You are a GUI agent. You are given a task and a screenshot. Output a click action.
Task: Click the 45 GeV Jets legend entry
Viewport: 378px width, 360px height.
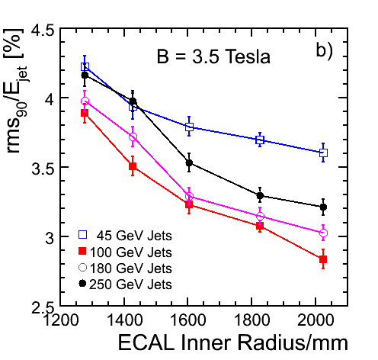pos(125,236)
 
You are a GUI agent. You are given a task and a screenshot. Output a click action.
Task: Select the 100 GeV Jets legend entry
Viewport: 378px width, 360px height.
pos(125,252)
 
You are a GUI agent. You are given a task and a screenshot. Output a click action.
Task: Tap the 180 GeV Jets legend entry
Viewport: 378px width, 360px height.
pos(125,268)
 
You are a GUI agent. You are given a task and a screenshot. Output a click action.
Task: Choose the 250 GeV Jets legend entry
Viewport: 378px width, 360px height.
pos(125,284)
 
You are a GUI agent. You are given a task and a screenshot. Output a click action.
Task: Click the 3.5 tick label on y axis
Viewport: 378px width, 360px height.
pos(43,167)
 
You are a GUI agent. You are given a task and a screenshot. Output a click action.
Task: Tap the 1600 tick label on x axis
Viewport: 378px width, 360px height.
pos(187,320)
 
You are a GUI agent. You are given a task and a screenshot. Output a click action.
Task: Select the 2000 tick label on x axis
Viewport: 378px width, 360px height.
pos(315,320)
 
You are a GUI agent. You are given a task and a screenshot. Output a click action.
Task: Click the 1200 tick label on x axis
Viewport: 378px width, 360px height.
pos(61,320)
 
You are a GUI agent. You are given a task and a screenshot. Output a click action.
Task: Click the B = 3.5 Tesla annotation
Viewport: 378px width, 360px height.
pos(213,56)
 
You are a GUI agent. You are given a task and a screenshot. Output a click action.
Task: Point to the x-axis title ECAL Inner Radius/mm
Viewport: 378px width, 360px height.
pos(232,342)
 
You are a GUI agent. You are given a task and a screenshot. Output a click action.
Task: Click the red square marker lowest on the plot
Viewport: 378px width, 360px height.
pos(323,259)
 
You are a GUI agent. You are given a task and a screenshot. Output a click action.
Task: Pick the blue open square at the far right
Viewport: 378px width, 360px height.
pos(323,153)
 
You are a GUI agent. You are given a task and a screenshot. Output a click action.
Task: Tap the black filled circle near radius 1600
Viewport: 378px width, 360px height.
pos(189,162)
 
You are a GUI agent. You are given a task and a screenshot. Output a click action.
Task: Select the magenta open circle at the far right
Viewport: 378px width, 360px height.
pos(323,233)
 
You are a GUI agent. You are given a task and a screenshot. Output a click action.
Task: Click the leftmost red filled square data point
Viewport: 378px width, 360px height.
pos(85,113)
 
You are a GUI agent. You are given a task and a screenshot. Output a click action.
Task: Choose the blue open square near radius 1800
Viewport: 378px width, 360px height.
pos(260,140)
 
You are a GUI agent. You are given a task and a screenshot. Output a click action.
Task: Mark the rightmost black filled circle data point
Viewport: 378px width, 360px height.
pos(323,207)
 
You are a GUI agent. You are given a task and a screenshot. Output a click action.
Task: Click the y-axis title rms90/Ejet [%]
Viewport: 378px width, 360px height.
pos(16,91)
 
